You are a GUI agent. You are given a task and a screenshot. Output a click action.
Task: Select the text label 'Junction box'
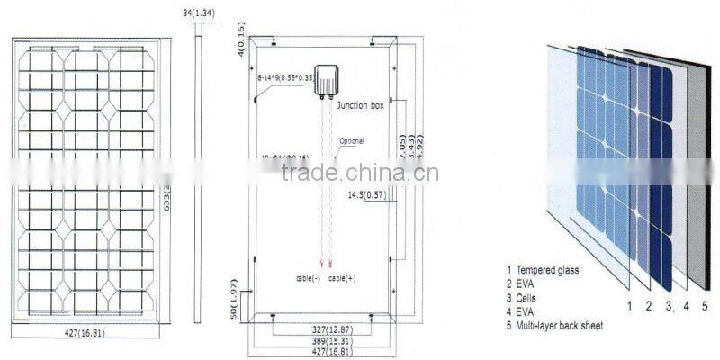360,105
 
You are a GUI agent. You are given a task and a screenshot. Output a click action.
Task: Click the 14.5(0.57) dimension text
366,193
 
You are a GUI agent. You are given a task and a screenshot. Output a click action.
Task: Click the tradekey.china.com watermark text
360,173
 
